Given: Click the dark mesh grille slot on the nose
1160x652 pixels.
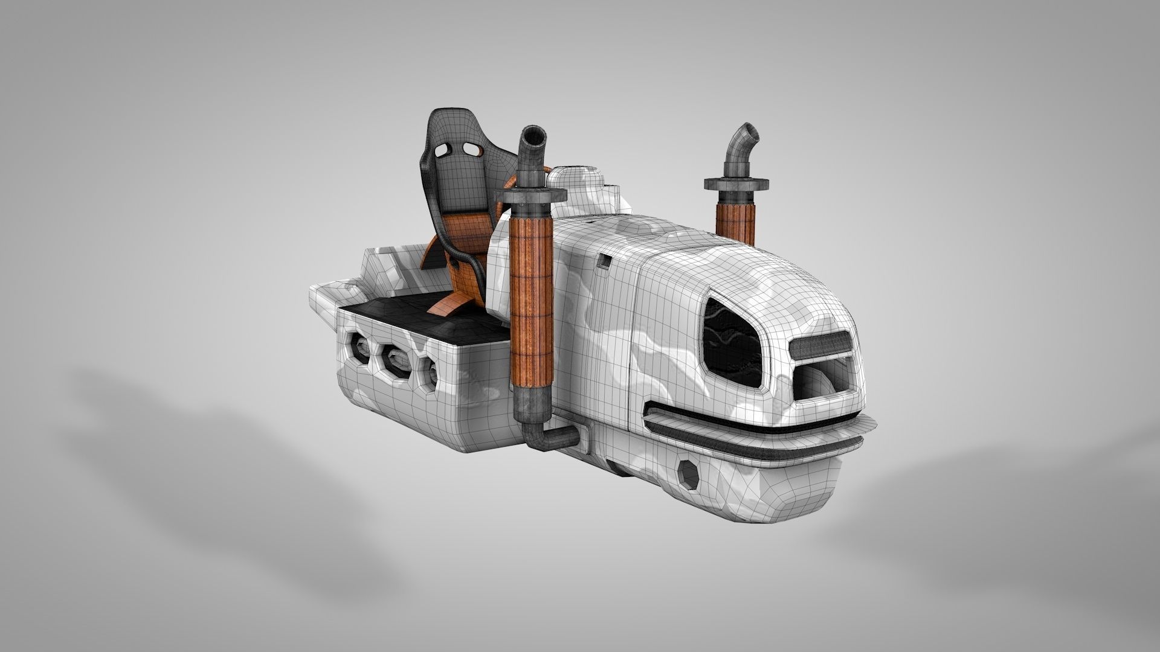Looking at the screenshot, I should pyautogui.click(x=819, y=347).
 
